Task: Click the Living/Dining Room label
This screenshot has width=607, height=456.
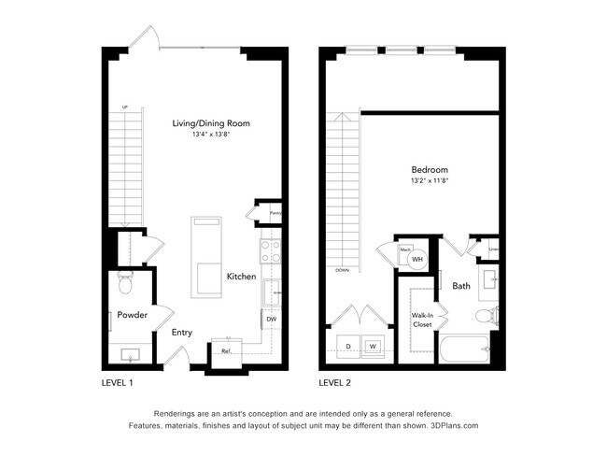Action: pyautogui.click(x=211, y=122)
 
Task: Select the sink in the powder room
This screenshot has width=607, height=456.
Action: pyautogui.click(x=131, y=353)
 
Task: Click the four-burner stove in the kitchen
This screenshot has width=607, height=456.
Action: pyautogui.click(x=270, y=249)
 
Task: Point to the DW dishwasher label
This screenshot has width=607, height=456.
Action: pyautogui.click(x=271, y=320)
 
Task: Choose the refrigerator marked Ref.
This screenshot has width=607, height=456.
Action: pyautogui.click(x=226, y=351)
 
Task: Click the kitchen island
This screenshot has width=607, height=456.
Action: pyautogui.click(x=205, y=257)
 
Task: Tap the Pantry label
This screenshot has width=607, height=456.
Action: pyautogui.click(x=275, y=213)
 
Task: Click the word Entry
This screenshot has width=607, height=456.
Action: pyautogui.click(x=182, y=332)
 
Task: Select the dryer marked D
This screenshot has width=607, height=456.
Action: pyautogui.click(x=348, y=346)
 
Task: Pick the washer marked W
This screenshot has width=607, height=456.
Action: pyautogui.click(x=373, y=346)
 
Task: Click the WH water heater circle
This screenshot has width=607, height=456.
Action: pyautogui.click(x=418, y=259)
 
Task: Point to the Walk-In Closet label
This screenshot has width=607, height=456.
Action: pyautogui.click(x=421, y=320)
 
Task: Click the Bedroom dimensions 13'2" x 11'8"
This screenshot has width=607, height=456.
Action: pyautogui.click(x=430, y=180)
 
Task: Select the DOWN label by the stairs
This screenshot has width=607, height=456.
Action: pyautogui.click(x=343, y=271)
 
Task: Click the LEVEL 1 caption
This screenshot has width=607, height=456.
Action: pyautogui.click(x=117, y=382)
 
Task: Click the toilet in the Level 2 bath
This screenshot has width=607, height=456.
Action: pyautogui.click(x=483, y=316)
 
